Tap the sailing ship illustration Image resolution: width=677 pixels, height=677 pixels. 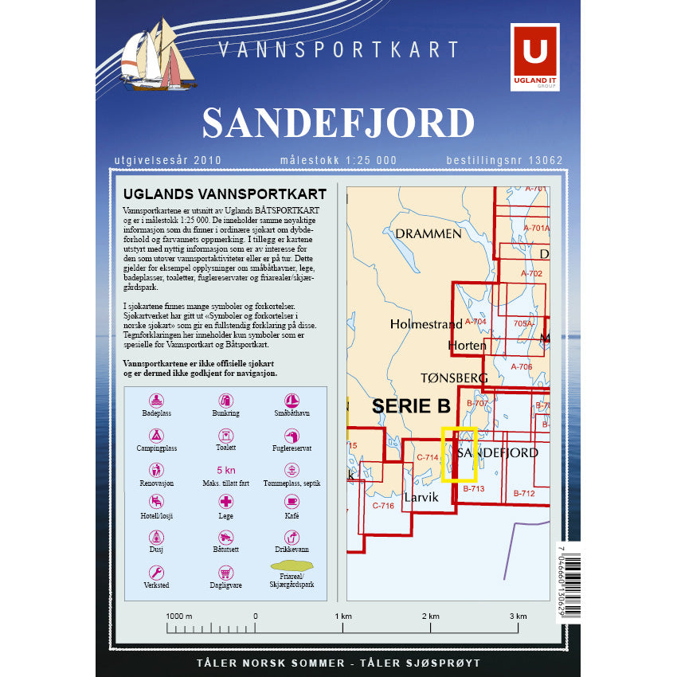tap(158, 56)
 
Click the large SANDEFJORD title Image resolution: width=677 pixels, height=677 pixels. tap(338, 123)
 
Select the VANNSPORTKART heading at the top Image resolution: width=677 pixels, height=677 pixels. tap(338, 49)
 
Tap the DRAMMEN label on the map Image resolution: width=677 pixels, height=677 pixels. tap(428, 233)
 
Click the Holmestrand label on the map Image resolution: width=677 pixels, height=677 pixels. tap(425, 324)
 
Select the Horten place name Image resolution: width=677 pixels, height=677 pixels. tap(467, 346)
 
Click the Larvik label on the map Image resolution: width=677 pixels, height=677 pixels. tap(421, 497)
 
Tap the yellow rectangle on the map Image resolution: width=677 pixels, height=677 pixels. tap(459, 455)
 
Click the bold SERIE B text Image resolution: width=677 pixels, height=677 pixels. tap(411, 405)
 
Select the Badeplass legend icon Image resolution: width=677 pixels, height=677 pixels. tap(157, 400)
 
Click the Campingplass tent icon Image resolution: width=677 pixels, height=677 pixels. tap(157, 435)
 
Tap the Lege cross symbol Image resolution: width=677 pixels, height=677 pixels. tap(226, 502)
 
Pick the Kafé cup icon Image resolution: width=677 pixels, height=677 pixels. tap(292, 502)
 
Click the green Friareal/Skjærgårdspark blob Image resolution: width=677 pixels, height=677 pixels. tap(292, 567)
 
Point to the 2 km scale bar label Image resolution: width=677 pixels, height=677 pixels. tap(430, 616)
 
